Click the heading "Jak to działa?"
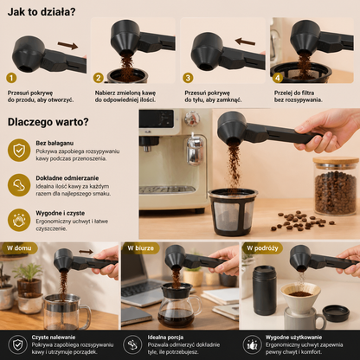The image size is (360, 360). pos(42,12)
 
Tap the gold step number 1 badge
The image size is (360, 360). pos(11,78)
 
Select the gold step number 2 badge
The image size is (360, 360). pos(99,78)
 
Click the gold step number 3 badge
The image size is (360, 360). pos(188,78)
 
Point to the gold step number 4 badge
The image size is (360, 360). pos(278,78)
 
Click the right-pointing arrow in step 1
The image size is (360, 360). pos(67,45)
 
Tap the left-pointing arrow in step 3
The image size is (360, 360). pos(245,42)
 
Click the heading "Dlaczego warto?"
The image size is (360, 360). pos(48,122)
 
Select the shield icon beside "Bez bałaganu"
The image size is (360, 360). pos(19,151)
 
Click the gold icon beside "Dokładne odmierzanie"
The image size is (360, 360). pos(19,185)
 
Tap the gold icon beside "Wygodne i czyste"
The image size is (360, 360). pos(19,221)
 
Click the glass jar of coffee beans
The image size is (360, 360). pos(336,186)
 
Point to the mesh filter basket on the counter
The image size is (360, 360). pos(233,212)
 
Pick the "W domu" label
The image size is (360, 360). pos(19,248)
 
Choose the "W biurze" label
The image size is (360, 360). pos(140,248)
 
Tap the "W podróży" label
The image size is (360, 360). pos(262,248)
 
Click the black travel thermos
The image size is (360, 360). pos(265,290)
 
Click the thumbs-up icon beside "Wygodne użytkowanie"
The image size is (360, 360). pos(252,344)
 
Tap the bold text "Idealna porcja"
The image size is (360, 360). pos(165,337)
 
